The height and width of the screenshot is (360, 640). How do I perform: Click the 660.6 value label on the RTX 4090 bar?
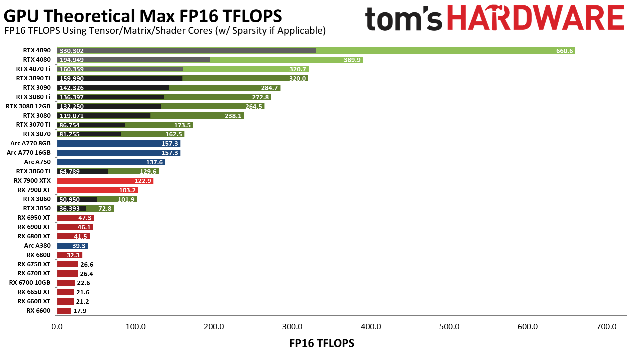[564, 51]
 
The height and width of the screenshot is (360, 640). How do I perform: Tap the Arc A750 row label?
[37, 162]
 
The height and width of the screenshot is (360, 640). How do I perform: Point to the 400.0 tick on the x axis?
[371, 327]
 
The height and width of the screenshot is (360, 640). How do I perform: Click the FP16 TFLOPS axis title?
[322, 343]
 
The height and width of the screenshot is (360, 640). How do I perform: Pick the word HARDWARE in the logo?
[536, 18]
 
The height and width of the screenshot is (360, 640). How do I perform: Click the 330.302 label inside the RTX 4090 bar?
[72, 51]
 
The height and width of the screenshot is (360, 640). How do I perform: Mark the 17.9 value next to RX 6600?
[80, 311]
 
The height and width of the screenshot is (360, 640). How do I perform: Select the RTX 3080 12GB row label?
[28, 106]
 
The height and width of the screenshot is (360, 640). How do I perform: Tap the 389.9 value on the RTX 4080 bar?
[352, 60]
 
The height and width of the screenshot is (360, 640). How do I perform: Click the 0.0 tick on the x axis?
[57, 327]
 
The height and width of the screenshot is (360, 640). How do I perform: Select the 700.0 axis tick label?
[606, 327]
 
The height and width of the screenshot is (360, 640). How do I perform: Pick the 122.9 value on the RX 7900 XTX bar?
[143, 181]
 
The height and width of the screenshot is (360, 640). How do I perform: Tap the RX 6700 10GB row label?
[30, 283]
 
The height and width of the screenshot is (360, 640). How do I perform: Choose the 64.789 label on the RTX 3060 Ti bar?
[69, 171]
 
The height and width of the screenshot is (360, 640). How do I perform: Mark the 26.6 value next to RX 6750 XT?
[87, 264]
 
